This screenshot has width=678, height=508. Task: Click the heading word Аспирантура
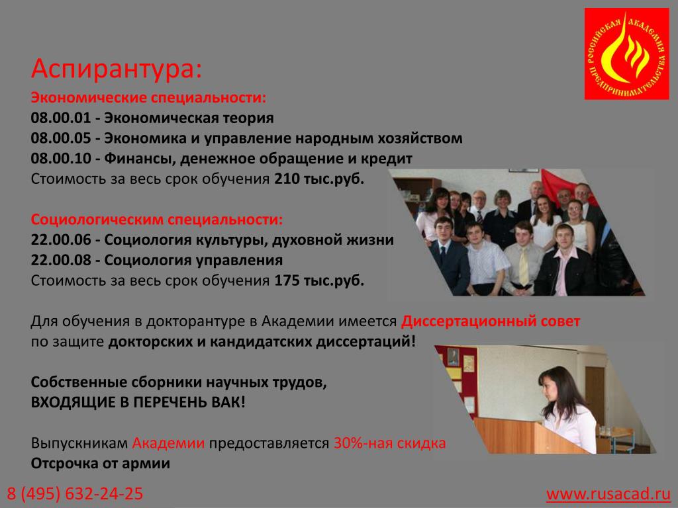(x=116, y=69)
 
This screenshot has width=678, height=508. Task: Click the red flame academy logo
(x=626, y=54)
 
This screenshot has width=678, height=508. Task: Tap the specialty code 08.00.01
(x=61, y=118)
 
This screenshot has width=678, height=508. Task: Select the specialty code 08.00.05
(x=61, y=138)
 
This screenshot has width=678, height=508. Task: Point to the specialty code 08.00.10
(x=61, y=159)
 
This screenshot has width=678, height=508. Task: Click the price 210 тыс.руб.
(x=319, y=179)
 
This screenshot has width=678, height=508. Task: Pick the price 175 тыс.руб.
(x=319, y=280)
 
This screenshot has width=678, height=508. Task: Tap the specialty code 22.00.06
(x=61, y=239)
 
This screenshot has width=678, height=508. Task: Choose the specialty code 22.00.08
(x=61, y=260)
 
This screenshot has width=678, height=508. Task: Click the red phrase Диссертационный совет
(x=491, y=322)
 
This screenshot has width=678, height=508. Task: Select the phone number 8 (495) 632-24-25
(x=75, y=493)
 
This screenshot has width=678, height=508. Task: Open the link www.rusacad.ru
(x=608, y=493)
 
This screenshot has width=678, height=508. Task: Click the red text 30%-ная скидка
(x=389, y=444)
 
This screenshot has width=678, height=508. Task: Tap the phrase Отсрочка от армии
(x=101, y=464)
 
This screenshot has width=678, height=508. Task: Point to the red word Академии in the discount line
(x=168, y=444)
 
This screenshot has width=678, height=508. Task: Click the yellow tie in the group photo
(x=524, y=267)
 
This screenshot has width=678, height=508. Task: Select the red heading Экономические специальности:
(x=148, y=98)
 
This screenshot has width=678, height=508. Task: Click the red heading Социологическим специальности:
(x=156, y=220)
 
